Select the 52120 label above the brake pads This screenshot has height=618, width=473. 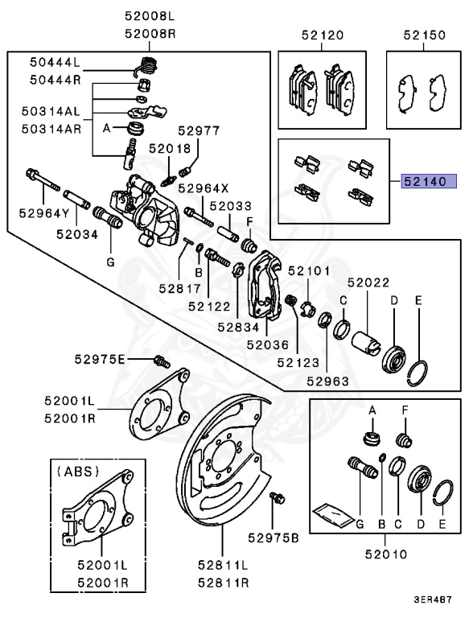tap(323, 35)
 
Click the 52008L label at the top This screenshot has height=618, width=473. tap(150, 15)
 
